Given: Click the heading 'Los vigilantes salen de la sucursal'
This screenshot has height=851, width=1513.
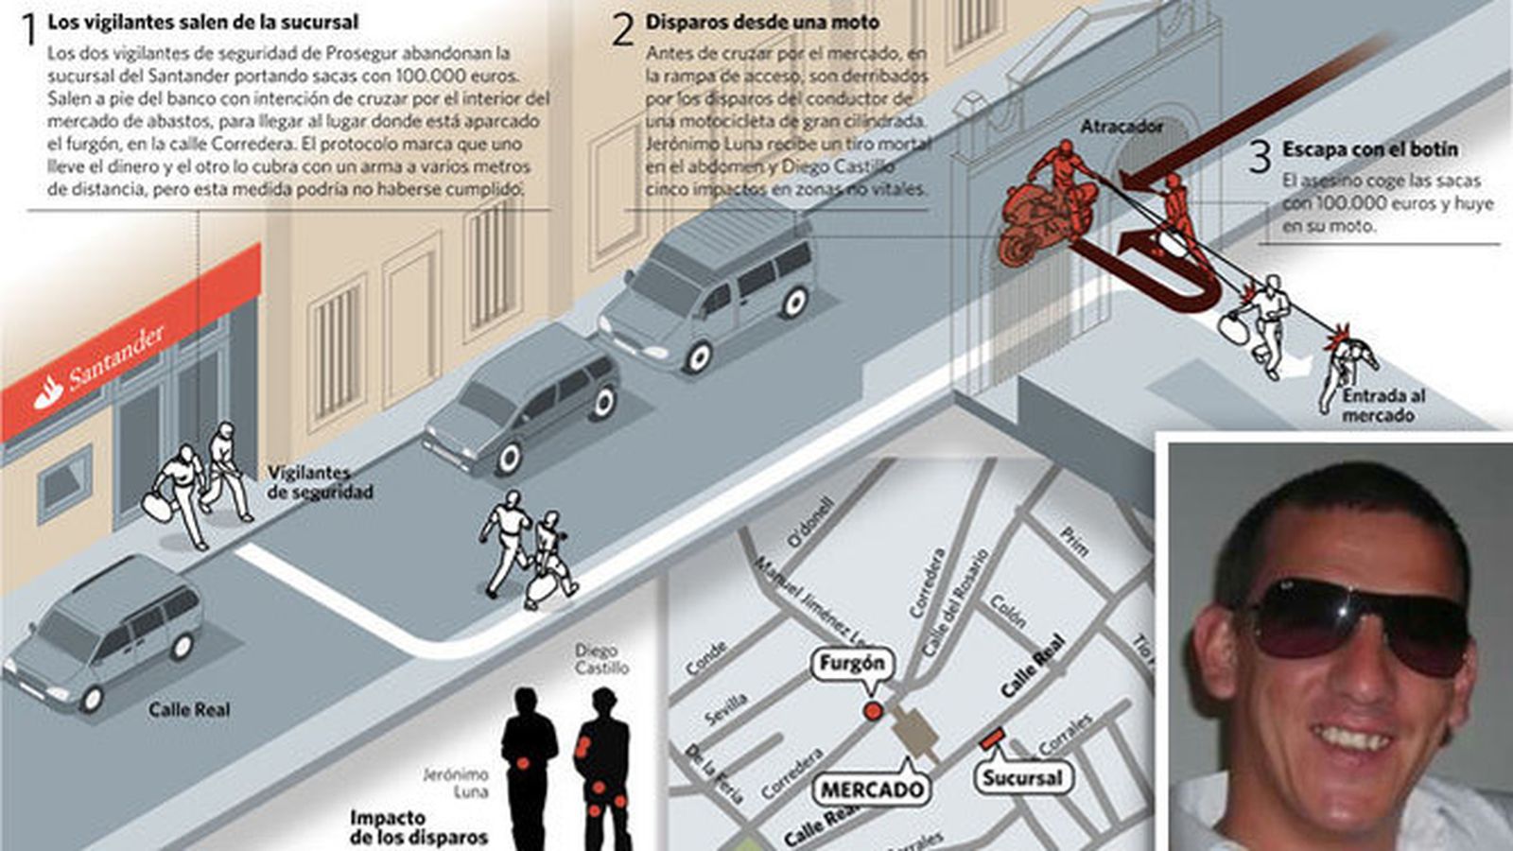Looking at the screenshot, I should (202, 21).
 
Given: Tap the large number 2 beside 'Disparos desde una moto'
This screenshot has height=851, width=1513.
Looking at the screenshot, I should (622, 30).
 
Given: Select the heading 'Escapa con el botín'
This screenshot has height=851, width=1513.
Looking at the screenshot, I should (1369, 149).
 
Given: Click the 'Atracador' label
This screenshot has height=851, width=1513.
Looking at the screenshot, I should (1122, 126).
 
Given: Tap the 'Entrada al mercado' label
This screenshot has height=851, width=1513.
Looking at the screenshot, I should (1383, 406).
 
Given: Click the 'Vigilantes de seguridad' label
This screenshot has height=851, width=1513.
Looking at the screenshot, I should (306, 482).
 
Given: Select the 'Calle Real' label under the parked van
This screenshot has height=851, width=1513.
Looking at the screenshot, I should (189, 709).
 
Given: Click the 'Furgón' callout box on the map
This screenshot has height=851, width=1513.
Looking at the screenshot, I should (852, 664).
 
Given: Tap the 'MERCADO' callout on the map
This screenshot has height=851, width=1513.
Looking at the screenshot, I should (871, 790).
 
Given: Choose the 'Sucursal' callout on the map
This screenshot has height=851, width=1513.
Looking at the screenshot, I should (1021, 778).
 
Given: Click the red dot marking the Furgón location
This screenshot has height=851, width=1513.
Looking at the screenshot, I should (872, 711).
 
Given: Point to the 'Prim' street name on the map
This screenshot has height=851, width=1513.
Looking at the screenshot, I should (1074, 541).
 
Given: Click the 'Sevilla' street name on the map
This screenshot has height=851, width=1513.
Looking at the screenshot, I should (726, 708).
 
